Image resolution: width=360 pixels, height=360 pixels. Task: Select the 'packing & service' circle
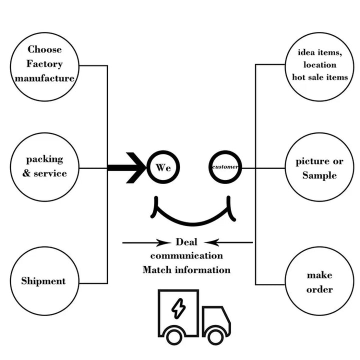44,166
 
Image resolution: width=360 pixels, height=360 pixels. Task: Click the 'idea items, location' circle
320,65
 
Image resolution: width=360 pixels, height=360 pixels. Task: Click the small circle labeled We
163,167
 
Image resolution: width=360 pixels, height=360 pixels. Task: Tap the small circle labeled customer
225,166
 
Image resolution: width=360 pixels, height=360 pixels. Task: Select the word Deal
186,242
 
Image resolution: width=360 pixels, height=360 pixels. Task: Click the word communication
186,255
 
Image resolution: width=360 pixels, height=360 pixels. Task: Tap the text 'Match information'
186,270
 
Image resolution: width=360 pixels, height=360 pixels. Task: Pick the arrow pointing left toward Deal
228,243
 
